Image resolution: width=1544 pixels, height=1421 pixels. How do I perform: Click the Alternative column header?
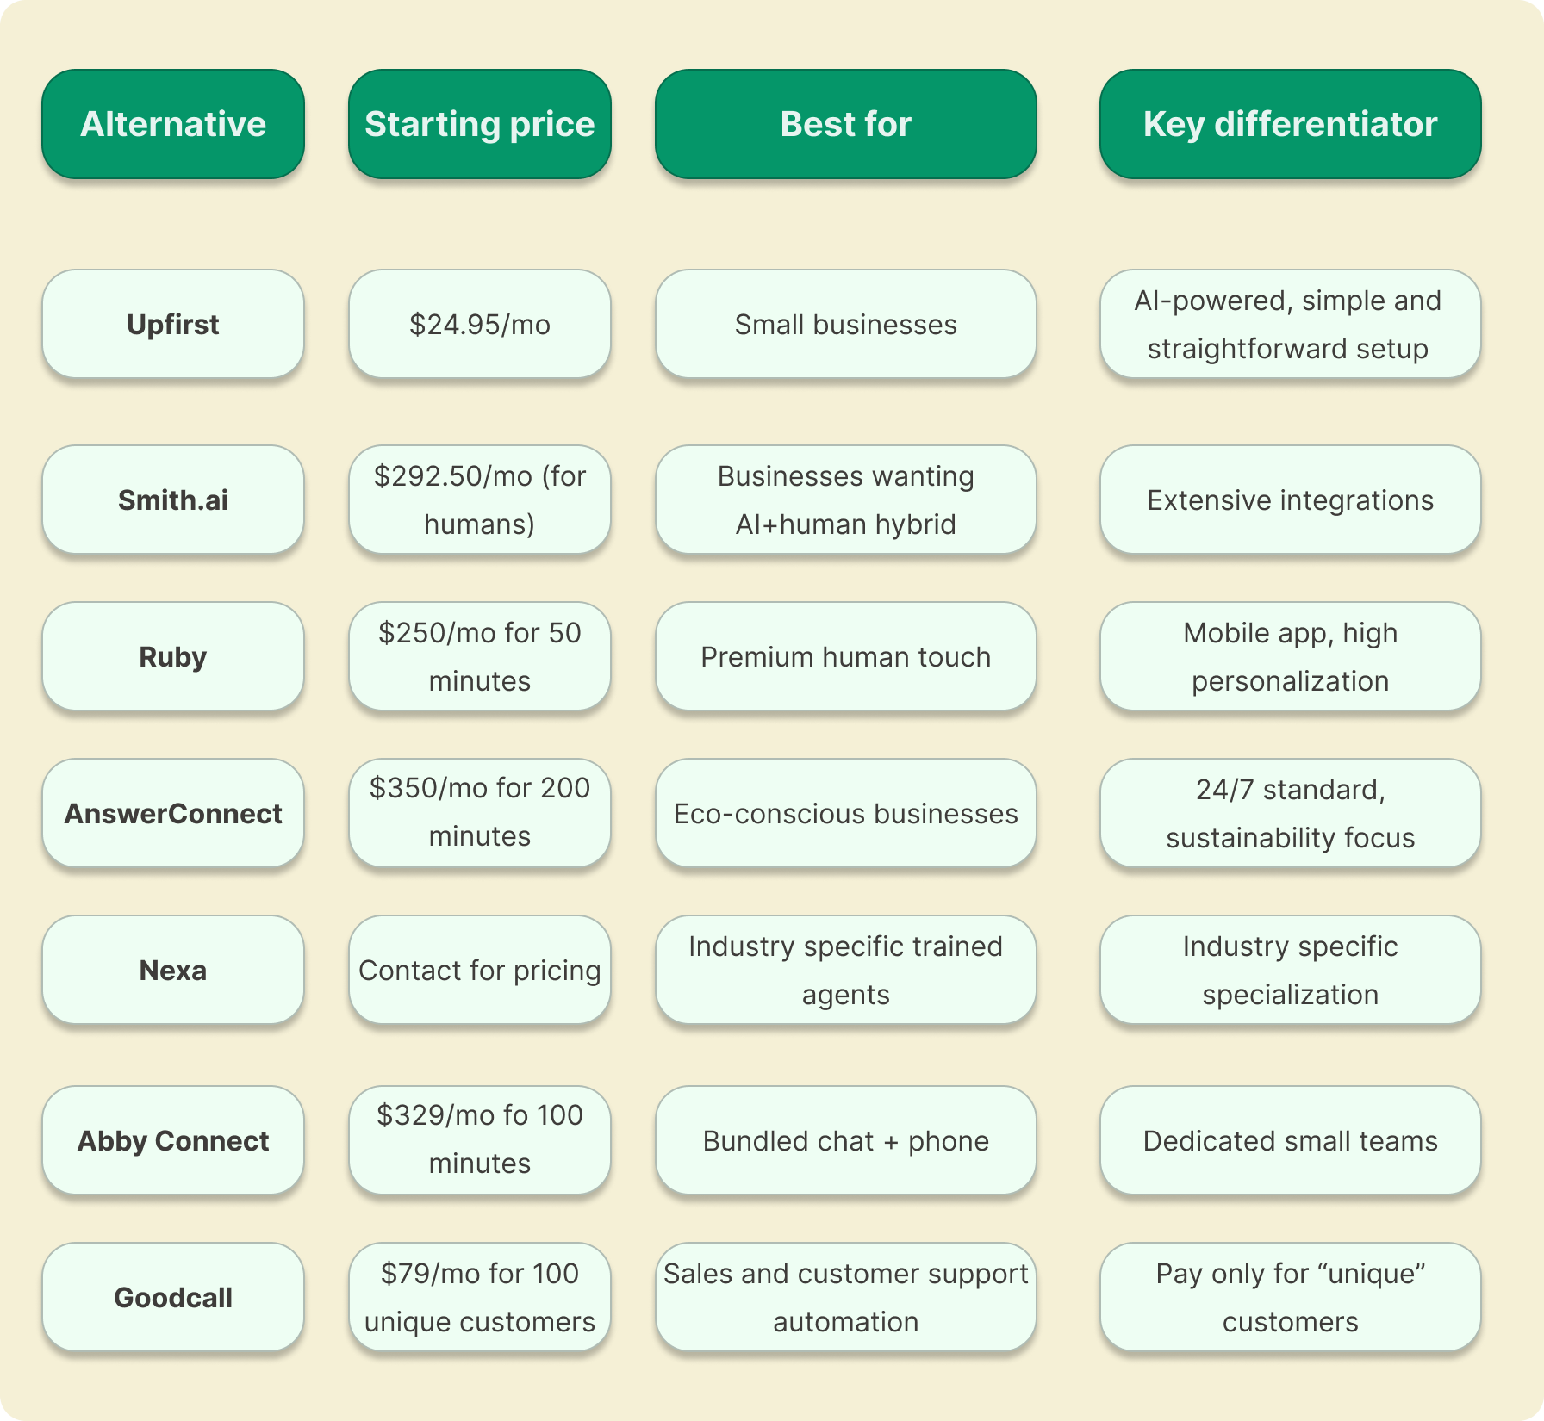(x=173, y=124)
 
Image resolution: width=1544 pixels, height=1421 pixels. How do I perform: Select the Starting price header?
(x=479, y=124)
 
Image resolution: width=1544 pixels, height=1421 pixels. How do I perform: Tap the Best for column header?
(x=845, y=124)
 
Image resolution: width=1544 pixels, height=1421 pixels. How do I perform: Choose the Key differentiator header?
(x=1290, y=124)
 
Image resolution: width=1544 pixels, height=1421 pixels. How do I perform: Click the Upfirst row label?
(x=173, y=325)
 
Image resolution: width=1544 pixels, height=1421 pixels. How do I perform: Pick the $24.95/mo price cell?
(x=479, y=325)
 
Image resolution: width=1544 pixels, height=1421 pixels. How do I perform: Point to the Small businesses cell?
(x=845, y=325)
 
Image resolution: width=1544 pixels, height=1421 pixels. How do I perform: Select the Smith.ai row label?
(x=173, y=500)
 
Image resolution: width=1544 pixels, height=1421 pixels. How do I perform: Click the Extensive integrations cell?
(x=1290, y=500)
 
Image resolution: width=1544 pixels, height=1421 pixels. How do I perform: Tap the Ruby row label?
(x=173, y=657)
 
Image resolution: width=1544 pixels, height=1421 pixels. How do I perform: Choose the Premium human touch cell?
(x=845, y=657)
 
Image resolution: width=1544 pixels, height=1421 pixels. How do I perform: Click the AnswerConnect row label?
(x=173, y=814)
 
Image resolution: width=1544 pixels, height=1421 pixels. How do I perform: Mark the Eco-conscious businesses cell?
(x=845, y=814)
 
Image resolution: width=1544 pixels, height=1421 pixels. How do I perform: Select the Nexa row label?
(x=173, y=971)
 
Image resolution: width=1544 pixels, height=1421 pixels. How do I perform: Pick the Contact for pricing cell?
(x=479, y=971)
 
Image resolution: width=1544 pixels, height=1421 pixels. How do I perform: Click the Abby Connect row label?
(x=173, y=1141)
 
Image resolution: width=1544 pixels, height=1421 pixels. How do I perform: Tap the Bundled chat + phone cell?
(x=845, y=1141)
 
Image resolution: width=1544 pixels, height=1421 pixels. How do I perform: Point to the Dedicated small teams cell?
(x=1290, y=1141)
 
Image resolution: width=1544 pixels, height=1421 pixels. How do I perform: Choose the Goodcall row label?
(x=173, y=1298)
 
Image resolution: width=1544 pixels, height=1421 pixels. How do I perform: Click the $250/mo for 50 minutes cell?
(x=479, y=657)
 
